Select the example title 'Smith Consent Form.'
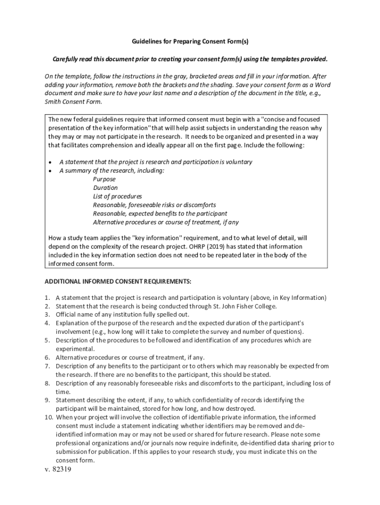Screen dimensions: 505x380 click(x=74, y=102)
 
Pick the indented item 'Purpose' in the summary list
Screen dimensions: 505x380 click(x=104, y=180)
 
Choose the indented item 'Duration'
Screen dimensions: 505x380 click(x=105, y=188)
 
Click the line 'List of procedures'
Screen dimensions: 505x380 click(x=117, y=196)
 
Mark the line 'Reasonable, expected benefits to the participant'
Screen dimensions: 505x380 click(x=160, y=214)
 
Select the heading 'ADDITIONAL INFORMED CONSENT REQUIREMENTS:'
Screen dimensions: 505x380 click(x=117, y=281)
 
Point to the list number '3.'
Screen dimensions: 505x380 click(x=48, y=314)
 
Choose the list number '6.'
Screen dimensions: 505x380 click(x=48, y=358)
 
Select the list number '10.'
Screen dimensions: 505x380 click(x=48, y=417)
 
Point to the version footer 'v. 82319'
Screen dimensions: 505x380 click(x=58, y=470)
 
